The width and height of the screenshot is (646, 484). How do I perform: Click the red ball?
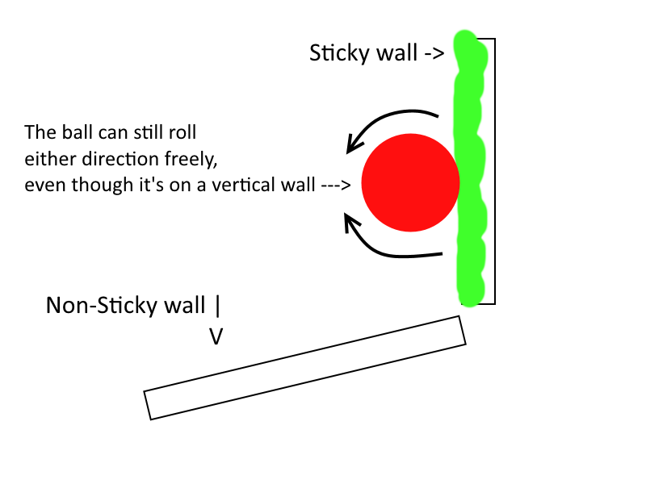(x=409, y=182)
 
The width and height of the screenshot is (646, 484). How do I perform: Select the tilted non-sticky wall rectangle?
(x=305, y=367)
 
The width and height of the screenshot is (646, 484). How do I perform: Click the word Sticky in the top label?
(x=334, y=54)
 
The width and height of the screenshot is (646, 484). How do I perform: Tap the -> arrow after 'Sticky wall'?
(x=434, y=55)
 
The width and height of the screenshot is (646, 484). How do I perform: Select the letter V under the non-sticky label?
(x=216, y=336)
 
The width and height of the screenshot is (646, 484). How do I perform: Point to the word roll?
(x=182, y=131)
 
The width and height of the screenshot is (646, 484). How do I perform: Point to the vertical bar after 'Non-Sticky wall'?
(x=216, y=307)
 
